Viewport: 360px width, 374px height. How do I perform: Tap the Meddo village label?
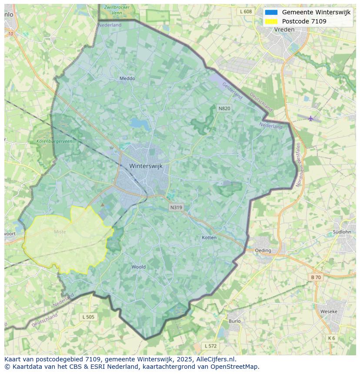[x=127, y=79]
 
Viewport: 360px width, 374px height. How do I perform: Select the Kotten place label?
[x=209, y=238]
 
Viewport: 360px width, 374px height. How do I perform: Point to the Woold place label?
[x=139, y=267]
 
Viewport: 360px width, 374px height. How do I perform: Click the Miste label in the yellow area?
[x=60, y=232]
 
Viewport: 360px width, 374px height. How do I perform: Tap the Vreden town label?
[x=285, y=30]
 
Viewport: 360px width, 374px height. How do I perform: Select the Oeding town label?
[x=263, y=250]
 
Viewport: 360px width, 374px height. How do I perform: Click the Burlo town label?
[x=234, y=321]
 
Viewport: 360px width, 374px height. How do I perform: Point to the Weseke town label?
[x=329, y=311]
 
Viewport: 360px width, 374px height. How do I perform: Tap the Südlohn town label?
[x=342, y=232]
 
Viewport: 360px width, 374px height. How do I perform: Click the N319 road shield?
[x=176, y=208]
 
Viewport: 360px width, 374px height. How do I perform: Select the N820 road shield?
[x=224, y=108]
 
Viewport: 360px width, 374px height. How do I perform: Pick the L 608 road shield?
[x=246, y=12]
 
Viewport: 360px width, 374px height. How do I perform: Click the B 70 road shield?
[x=316, y=277]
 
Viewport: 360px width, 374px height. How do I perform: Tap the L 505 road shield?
[x=88, y=317]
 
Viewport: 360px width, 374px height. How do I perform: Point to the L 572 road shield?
[x=210, y=346]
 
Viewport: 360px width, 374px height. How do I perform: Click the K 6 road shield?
[x=332, y=338]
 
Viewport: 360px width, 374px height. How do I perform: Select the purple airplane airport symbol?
[x=310, y=118]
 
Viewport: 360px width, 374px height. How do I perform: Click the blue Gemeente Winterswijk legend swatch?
[x=271, y=12]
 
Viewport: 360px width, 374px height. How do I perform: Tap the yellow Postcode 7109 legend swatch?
[x=271, y=21]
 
